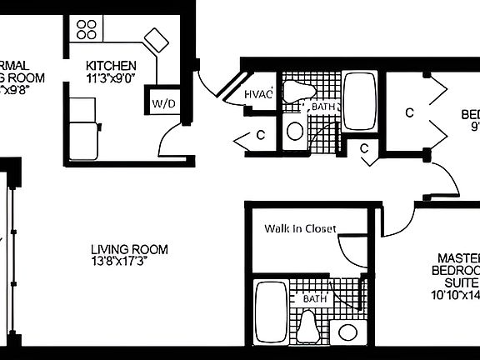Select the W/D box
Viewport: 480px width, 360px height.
click(162, 103)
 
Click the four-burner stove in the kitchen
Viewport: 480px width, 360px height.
click(86, 30)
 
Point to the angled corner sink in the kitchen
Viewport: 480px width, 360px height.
click(156, 39)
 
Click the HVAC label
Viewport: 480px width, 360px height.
click(258, 95)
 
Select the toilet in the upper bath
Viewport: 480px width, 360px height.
click(294, 93)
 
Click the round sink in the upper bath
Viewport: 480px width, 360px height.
click(294, 131)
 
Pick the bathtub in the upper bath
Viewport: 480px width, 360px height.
click(360, 101)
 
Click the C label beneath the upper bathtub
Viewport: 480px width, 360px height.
click(364, 149)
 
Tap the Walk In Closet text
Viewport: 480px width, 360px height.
click(300, 228)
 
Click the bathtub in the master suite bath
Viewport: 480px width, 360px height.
click(271, 311)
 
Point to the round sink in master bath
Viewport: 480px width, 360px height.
click(347, 332)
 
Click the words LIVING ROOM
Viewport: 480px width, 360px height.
click(129, 249)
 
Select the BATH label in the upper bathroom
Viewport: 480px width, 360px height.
click(322, 107)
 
